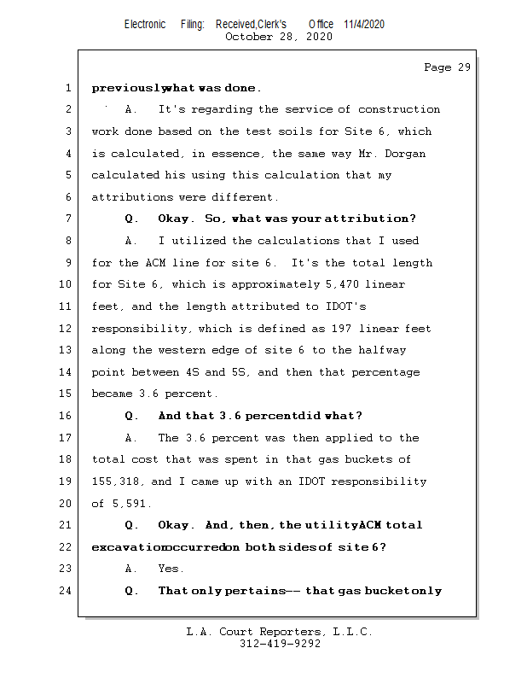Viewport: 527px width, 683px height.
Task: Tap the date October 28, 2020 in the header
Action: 279,37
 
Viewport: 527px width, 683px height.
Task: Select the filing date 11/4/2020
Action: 364,24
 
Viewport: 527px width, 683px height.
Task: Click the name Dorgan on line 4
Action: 404,154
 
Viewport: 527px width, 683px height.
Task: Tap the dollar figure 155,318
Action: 114,482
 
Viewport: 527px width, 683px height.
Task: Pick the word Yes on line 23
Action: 171,569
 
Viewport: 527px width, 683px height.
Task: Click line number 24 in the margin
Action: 68,591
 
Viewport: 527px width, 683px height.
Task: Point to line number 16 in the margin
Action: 68,416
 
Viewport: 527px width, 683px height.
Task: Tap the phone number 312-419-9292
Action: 280,644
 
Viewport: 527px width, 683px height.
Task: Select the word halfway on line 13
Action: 381,351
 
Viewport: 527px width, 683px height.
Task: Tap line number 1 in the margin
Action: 68,88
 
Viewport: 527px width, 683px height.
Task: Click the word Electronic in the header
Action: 145,24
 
